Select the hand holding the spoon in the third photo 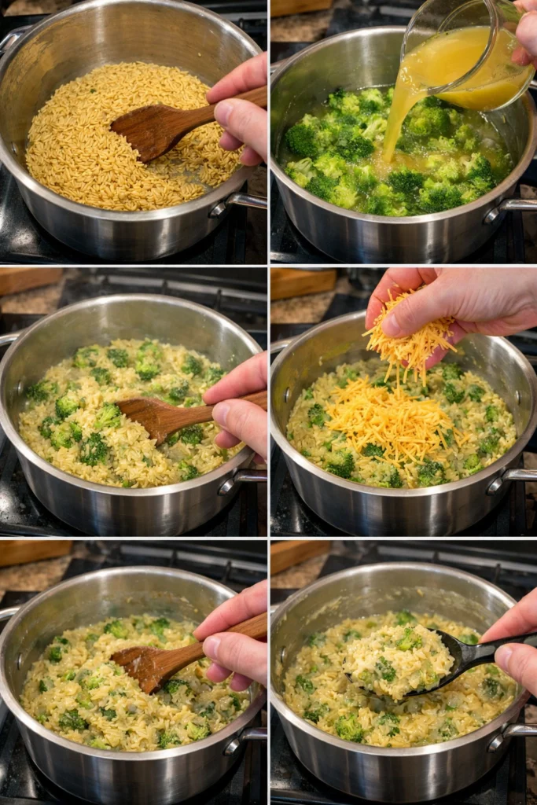point(240,405)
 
